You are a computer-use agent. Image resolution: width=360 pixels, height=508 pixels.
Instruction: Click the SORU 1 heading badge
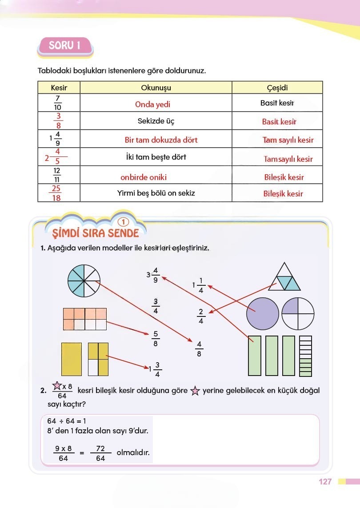coord(65,46)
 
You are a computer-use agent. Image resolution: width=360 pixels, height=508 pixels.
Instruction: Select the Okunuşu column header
coord(156,88)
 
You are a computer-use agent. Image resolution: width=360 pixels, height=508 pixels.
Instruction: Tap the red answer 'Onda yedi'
coord(152,104)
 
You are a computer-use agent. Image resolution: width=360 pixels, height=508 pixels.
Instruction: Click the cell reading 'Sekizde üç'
coord(156,121)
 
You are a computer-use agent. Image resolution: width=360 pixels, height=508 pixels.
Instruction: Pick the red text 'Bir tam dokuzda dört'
coord(161,140)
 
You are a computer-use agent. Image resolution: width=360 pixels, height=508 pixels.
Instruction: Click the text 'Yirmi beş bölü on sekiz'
coord(156,193)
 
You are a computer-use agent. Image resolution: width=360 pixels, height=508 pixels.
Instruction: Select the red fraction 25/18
coord(56,193)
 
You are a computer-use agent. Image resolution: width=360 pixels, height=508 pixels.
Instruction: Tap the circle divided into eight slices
coord(84,280)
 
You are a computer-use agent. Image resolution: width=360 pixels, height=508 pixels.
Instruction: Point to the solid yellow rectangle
coord(72,359)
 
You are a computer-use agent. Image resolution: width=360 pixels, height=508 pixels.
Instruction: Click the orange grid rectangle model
coord(85,319)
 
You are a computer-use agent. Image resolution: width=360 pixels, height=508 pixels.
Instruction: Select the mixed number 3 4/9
coord(153,275)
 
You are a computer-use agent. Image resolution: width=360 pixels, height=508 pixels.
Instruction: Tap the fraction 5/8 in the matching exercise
coord(156,339)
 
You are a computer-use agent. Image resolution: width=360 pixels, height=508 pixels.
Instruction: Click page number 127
coord(325,482)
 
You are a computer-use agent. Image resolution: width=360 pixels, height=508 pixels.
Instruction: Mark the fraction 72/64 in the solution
coord(100,453)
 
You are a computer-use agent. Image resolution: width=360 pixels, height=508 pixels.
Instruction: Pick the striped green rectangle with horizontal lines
coord(306,356)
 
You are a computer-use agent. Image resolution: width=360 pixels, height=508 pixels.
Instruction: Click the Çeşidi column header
coord(277,88)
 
